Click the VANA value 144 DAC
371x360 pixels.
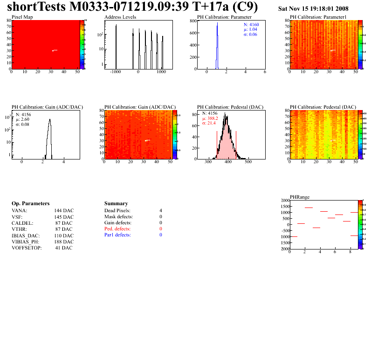[63, 211]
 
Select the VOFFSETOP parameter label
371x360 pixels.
[27, 248]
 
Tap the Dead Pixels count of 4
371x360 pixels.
[160, 211]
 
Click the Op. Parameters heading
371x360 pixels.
[30, 204]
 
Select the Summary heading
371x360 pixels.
[116, 204]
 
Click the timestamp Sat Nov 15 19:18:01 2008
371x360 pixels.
[313, 9]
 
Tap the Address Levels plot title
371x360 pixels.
[120, 17]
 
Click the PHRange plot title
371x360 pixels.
[299, 197]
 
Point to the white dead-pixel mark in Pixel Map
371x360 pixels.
[55, 50]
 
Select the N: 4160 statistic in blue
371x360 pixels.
[251, 24]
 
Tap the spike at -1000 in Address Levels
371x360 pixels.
[116, 47]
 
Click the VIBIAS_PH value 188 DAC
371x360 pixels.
[63, 242]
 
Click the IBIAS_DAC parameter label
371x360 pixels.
[26, 235]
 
